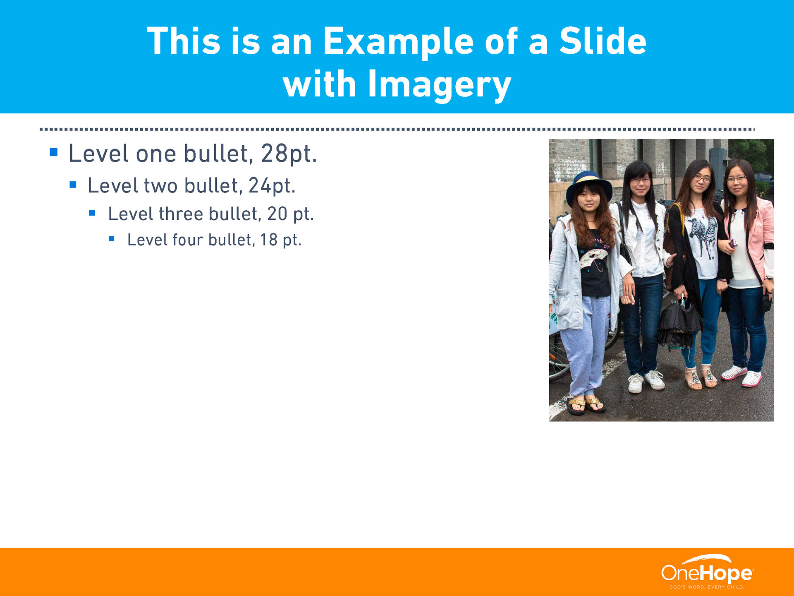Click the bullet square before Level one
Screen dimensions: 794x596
click(x=53, y=152)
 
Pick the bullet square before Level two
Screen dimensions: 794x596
click(x=73, y=185)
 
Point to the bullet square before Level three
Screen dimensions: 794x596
click(x=92, y=213)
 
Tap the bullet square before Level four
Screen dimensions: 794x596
click(x=112, y=239)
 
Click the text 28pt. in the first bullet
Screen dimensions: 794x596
click(x=289, y=154)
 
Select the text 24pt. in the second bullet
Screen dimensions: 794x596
click(x=272, y=186)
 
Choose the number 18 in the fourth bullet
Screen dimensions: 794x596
click(x=268, y=240)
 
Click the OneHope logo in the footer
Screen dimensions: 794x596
click(x=707, y=572)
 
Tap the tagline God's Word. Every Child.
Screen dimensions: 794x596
click(x=707, y=587)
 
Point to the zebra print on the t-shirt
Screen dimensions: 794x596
click(x=703, y=236)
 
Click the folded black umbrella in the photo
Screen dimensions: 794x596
click(x=679, y=323)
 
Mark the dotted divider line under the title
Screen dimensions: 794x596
click(x=397, y=129)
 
